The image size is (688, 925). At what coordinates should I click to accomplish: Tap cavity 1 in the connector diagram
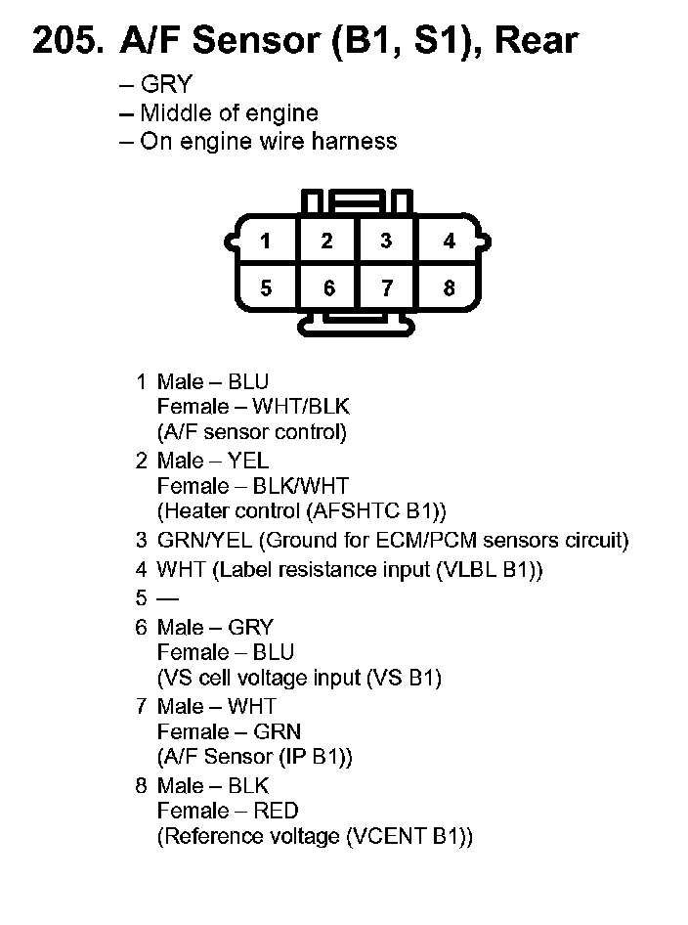[266, 242]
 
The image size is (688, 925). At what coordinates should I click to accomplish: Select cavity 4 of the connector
[449, 242]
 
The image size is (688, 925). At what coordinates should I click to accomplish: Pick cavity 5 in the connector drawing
[266, 288]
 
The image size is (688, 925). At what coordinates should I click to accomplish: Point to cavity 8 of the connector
[449, 288]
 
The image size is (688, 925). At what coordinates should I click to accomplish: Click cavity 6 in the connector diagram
[328, 288]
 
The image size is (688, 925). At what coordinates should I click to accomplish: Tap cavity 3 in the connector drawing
[387, 242]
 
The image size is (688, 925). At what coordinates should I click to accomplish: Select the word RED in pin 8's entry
[276, 811]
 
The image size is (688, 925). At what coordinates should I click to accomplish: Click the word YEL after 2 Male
[248, 461]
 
